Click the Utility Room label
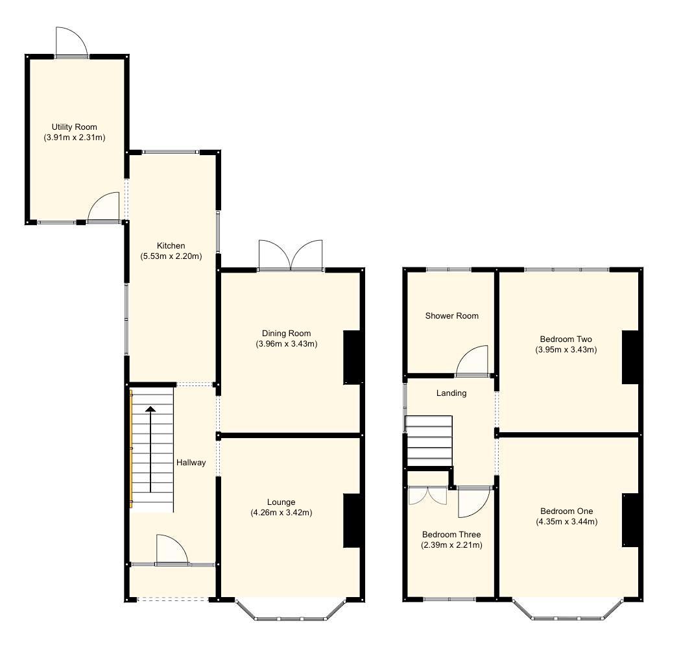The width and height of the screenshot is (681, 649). pyautogui.click(x=75, y=127)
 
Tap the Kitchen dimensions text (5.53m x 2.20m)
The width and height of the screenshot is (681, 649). pyautogui.click(x=171, y=256)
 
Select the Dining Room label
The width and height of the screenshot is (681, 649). pyautogui.click(x=286, y=333)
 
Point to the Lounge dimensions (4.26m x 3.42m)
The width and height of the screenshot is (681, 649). pyautogui.click(x=281, y=513)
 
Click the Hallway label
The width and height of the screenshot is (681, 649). pyautogui.click(x=191, y=463)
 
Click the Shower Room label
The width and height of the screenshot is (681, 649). pyautogui.click(x=451, y=316)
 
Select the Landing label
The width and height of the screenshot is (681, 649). pyautogui.click(x=451, y=393)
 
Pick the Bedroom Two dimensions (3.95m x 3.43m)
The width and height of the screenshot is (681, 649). pyautogui.click(x=566, y=350)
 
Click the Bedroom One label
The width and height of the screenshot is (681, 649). pyautogui.click(x=566, y=511)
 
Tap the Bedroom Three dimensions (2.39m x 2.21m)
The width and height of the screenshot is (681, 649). pyautogui.click(x=451, y=545)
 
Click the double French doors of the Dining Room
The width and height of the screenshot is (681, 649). pyautogui.click(x=291, y=256)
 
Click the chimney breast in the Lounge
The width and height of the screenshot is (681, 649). pyautogui.click(x=352, y=520)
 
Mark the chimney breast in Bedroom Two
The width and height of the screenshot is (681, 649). pyautogui.click(x=630, y=357)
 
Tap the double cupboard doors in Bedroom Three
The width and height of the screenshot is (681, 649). pyautogui.click(x=428, y=495)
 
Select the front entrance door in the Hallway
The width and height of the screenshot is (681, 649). pyautogui.click(x=172, y=550)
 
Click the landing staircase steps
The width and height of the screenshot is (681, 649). pyautogui.click(x=428, y=441)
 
